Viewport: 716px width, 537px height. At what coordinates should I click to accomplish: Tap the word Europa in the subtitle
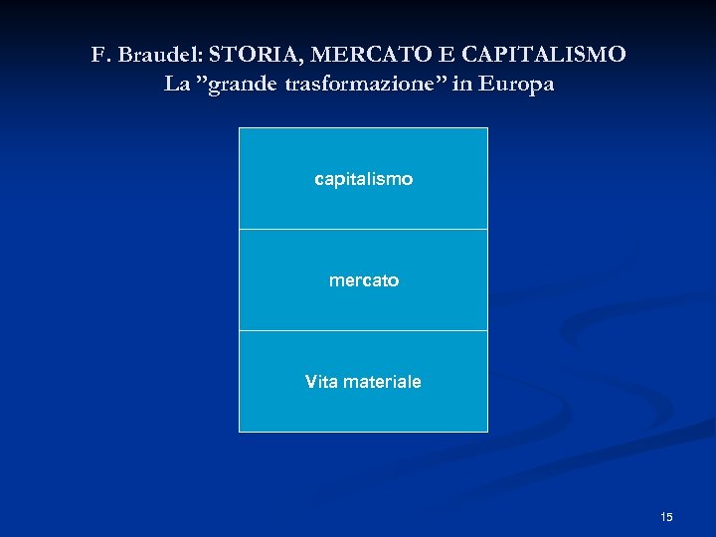point(516,85)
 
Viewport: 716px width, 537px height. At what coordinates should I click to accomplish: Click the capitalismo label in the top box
point(363,180)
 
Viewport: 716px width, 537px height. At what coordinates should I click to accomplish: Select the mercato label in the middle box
point(364,281)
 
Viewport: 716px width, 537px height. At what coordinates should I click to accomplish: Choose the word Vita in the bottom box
point(322,382)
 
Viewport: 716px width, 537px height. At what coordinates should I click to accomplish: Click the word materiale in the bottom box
point(383,382)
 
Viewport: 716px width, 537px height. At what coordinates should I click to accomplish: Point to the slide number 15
point(666,517)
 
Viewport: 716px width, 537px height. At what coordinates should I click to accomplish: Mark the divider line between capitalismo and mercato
point(363,230)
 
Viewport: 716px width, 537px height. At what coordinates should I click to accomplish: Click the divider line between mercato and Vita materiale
point(363,331)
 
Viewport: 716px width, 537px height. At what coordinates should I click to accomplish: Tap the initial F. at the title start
point(100,55)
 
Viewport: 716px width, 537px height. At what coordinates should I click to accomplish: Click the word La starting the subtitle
point(176,85)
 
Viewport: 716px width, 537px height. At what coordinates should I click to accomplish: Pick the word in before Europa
point(461,85)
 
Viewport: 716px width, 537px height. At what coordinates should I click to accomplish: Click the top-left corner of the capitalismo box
point(240,128)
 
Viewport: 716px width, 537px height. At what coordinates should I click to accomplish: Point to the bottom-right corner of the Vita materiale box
point(487,431)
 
